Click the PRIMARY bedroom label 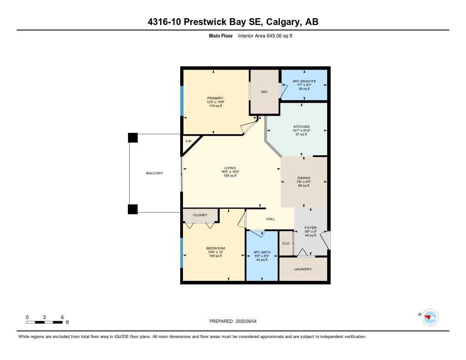click(x=215, y=98)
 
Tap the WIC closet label click(x=264, y=92)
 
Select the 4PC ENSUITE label click(x=305, y=81)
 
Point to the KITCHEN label click(x=301, y=127)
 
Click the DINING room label click(x=304, y=178)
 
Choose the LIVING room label click(x=230, y=168)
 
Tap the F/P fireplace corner click(x=188, y=142)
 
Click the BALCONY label click(x=154, y=173)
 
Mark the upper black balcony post click(x=133, y=137)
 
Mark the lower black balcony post click(x=132, y=209)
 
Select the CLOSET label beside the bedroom click(x=200, y=215)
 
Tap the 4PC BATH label click(x=262, y=252)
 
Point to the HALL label click(x=270, y=219)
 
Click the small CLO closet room click(x=286, y=243)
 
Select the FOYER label click(x=310, y=228)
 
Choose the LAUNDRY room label click(x=303, y=269)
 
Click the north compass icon click(x=429, y=317)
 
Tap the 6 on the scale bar click(x=62, y=317)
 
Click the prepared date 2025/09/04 click(x=249, y=321)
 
